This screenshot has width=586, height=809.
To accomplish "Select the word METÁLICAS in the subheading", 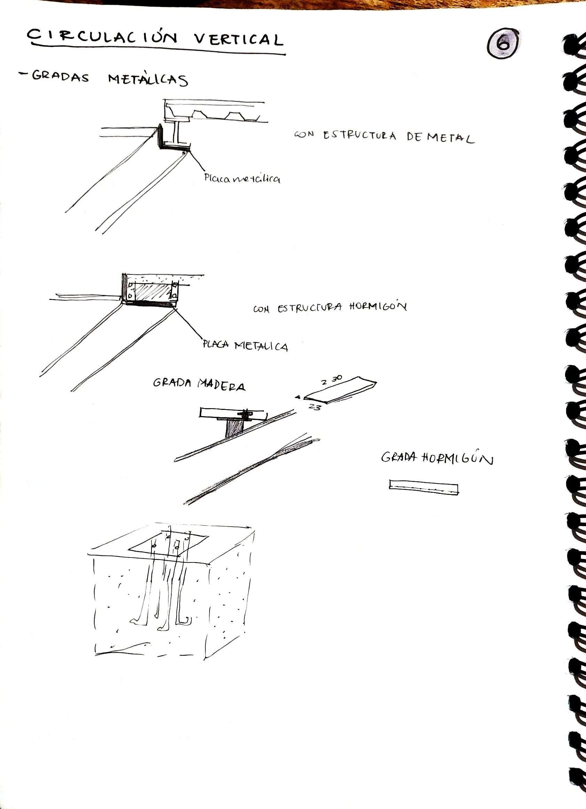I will [148, 79].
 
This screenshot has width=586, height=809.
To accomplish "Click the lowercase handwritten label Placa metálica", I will [242, 178].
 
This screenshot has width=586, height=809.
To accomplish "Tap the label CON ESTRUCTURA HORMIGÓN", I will [330, 308].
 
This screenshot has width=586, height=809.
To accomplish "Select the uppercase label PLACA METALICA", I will [245, 345].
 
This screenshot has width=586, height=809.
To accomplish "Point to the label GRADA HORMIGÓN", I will [437, 458].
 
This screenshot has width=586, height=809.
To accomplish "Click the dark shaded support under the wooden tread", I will [234, 427].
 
